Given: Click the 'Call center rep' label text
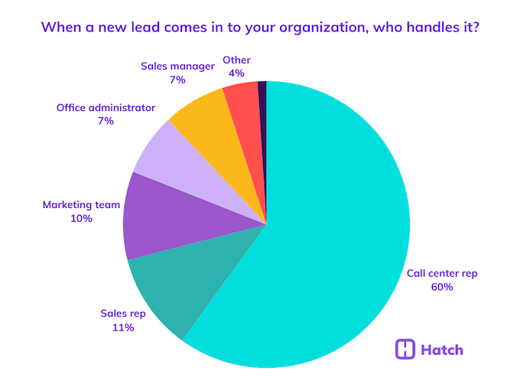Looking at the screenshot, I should tap(442, 273).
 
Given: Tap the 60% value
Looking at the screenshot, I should tap(442, 287).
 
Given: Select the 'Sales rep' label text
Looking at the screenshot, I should tap(122, 314).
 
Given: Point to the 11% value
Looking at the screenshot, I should tap(122, 327).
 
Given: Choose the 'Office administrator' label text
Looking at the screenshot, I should tap(106, 107).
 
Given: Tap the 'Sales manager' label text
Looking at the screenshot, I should tap(177, 66).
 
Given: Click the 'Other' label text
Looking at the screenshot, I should tap(236, 60).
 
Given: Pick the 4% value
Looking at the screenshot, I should tap(236, 73).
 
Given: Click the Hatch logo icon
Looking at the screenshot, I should tap(405, 349).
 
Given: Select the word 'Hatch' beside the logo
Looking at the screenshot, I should tap(442, 350).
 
